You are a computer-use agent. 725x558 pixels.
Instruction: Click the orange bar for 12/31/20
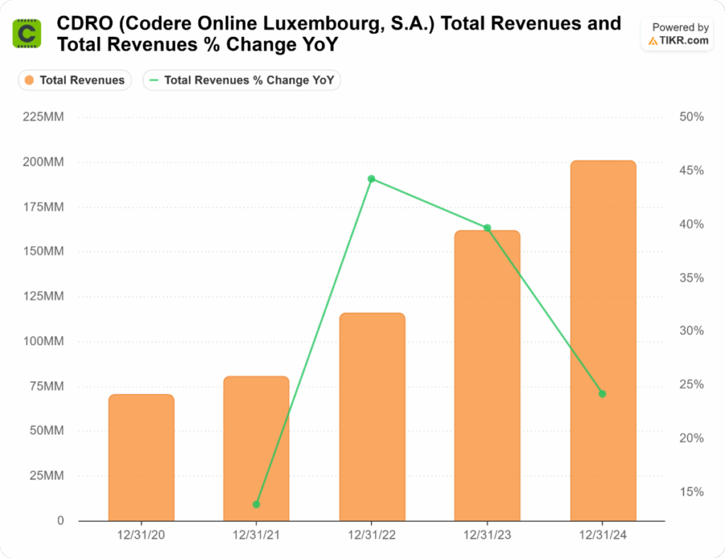pyautogui.click(x=141, y=458)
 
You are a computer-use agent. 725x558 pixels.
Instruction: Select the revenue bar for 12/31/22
pyautogui.click(x=372, y=417)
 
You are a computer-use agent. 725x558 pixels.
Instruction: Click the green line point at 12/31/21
pyautogui.click(x=256, y=504)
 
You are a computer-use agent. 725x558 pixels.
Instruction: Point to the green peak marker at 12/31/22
pyautogui.click(x=372, y=179)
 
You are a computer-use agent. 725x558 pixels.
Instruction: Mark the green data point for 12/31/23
pyautogui.click(x=487, y=228)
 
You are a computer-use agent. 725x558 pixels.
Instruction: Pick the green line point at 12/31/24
pyautogui.click(x=603, y=394)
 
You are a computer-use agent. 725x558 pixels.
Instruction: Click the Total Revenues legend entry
pyautogui.click(x=74, y=81)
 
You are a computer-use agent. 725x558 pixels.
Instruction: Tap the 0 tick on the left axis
pyautogui.click(x=60, y=521)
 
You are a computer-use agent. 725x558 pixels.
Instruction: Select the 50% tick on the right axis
pyautogui.click(x=691, y=117)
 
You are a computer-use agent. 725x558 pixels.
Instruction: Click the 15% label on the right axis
pyautogui.click(x=691, y=492)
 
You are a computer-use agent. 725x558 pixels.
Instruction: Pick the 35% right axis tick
pyautogui.click(x=691, y=278)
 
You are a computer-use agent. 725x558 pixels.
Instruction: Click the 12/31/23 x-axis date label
pyautogui.click(x=487, y=537)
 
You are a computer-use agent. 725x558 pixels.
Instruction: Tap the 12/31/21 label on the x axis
pyautogui.click(x=256, y=537)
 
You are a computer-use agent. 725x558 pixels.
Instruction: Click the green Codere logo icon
pyautogui.click(x=27, y=33)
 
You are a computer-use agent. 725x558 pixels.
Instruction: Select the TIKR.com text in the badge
pyautogui.click(x=684, y=40)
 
